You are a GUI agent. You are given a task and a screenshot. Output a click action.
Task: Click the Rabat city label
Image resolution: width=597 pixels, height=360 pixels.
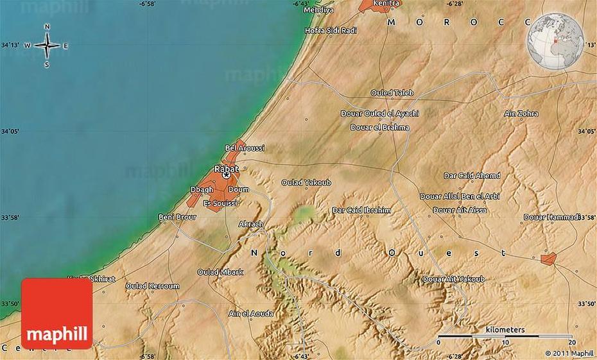226,169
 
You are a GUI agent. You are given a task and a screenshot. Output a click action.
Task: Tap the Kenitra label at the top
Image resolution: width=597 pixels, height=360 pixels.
386,3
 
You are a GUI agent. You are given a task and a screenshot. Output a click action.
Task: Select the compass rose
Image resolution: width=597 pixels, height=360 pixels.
48,46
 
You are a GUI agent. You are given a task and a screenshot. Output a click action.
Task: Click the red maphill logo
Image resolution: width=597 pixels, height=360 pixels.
56,313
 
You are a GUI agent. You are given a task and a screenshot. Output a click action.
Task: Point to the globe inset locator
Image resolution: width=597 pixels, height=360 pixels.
555,40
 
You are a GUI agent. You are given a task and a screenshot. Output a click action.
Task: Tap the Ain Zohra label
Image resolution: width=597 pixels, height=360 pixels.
521,114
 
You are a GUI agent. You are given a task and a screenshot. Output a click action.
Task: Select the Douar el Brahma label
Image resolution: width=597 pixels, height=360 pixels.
379,127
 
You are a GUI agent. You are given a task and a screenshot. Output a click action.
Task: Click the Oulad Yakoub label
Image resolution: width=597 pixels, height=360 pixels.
306,183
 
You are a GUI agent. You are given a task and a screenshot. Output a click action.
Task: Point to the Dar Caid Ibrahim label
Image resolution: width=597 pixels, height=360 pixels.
361,210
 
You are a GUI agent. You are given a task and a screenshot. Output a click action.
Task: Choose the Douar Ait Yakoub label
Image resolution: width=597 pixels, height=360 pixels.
453,279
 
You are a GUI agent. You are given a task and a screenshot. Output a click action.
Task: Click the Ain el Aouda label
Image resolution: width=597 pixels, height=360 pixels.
251,314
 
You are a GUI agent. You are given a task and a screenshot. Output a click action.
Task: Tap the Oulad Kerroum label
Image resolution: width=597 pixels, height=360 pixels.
152,286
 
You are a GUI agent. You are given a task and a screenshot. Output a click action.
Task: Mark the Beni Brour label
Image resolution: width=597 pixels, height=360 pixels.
177,218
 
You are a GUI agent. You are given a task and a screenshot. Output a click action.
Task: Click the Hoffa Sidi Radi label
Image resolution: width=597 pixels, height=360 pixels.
331,30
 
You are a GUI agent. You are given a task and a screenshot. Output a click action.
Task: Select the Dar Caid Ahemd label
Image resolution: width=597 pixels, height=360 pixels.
472,176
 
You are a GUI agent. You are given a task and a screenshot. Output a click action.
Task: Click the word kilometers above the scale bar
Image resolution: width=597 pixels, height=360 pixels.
505,330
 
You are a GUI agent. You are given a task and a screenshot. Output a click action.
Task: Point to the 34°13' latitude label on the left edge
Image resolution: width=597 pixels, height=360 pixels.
10,46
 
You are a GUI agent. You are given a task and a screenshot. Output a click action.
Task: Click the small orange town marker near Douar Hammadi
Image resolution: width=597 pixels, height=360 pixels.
548,259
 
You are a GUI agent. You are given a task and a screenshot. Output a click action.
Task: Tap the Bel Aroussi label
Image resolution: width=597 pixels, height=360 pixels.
245,148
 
